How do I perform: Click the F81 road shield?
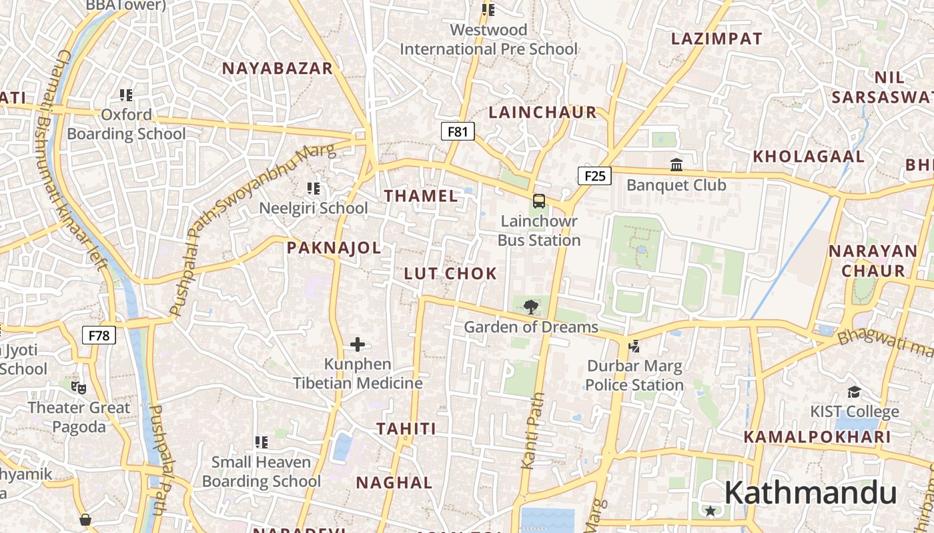458,131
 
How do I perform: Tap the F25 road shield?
594,176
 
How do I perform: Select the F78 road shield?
99,335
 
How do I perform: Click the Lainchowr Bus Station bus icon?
538,201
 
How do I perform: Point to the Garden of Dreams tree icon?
531,307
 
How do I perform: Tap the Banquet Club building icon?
676,165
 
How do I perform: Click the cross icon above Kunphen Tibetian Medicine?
358,344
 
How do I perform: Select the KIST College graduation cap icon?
854,392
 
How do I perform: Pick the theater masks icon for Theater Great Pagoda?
79,387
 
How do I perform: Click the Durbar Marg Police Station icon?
634,346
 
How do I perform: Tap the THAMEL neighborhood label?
421,196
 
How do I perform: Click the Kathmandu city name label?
810,493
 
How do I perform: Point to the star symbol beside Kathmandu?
711,511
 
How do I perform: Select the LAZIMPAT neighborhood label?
717,39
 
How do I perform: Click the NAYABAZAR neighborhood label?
277,69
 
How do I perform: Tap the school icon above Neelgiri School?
313,189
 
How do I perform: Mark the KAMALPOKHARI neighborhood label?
817,437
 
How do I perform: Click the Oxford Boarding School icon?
126,95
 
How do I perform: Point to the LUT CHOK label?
450,273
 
